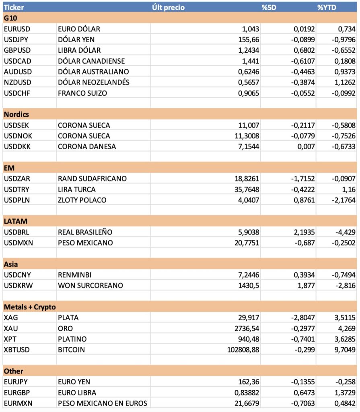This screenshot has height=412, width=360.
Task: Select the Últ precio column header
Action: point(169,7)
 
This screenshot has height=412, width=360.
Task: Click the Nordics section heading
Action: point(16,114)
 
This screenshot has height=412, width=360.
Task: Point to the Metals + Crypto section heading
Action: point(30,307)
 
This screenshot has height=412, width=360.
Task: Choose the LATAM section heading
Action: point(16,221)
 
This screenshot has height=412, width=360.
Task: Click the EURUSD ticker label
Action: point(17,29)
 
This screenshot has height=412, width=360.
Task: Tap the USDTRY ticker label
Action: point(17,189)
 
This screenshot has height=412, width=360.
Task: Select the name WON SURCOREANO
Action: point(91,285)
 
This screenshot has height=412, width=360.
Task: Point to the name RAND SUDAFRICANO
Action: point(92,178)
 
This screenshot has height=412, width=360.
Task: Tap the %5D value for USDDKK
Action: point(306,146)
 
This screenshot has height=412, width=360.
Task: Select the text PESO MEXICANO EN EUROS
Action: point(103,403)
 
